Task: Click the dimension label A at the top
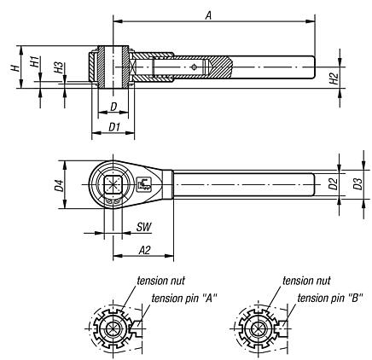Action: (207, 14)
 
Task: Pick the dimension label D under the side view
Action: (113, 107)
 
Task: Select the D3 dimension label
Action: (358, 183)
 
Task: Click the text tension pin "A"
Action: (183, 297)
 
